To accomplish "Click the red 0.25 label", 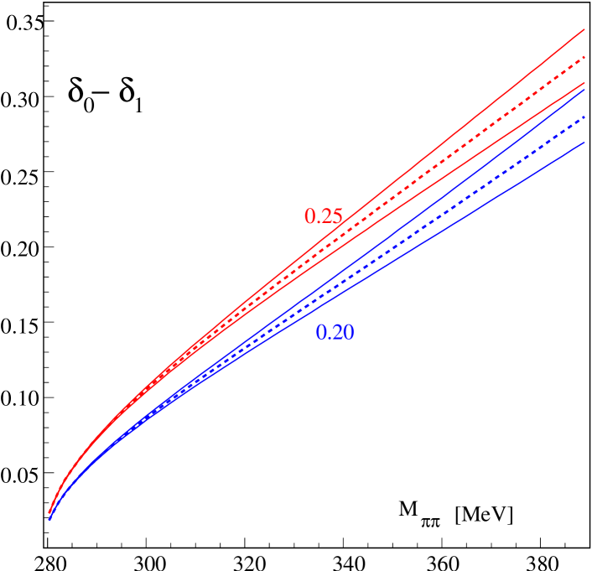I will click(323, 216).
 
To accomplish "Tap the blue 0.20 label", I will click(335, 333).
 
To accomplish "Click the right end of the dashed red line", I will click(583, 57).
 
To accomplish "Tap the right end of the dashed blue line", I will click(583, 118).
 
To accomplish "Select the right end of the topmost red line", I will click(584, 30).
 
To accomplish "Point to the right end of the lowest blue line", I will click(584, 143).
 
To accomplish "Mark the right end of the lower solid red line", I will click(584, 84).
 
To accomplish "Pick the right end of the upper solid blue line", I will click(584, 90).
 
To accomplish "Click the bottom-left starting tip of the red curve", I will click(49, 513).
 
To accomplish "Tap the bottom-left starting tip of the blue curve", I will click(49, 521).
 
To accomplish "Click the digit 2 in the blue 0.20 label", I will click(335, 333).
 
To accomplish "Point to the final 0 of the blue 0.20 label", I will click(348, 333).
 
